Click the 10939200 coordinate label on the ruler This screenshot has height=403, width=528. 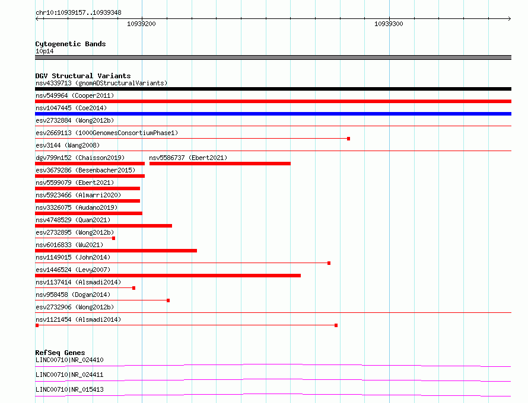coord(141,24)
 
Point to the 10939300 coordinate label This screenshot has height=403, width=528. coord(389,24)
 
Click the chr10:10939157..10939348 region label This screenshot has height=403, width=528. coord(78,12)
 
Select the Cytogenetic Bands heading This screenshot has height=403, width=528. coord(70,44)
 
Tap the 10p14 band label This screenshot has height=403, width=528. coord(44,51)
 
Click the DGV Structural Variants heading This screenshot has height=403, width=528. coord(83,76)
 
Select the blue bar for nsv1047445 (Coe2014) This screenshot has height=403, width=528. coord(273,114)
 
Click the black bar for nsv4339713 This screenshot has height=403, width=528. coord(273,89)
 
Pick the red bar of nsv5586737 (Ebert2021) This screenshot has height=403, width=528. coord(220,164)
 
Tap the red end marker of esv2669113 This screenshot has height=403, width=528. coord(348,139)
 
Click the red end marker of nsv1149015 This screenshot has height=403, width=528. coord(329,263)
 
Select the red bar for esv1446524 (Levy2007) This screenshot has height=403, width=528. coord(168,276)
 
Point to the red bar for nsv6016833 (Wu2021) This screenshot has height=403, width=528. coord(116,251)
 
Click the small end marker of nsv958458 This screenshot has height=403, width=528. coord(168,300)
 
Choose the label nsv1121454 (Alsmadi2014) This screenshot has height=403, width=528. coord(78,319)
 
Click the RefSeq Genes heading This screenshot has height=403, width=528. coord(60,353)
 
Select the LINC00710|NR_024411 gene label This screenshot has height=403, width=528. coord(69,375)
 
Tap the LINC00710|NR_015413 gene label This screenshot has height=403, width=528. coord(69,389)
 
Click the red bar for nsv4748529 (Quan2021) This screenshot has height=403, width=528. coord(104,226)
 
